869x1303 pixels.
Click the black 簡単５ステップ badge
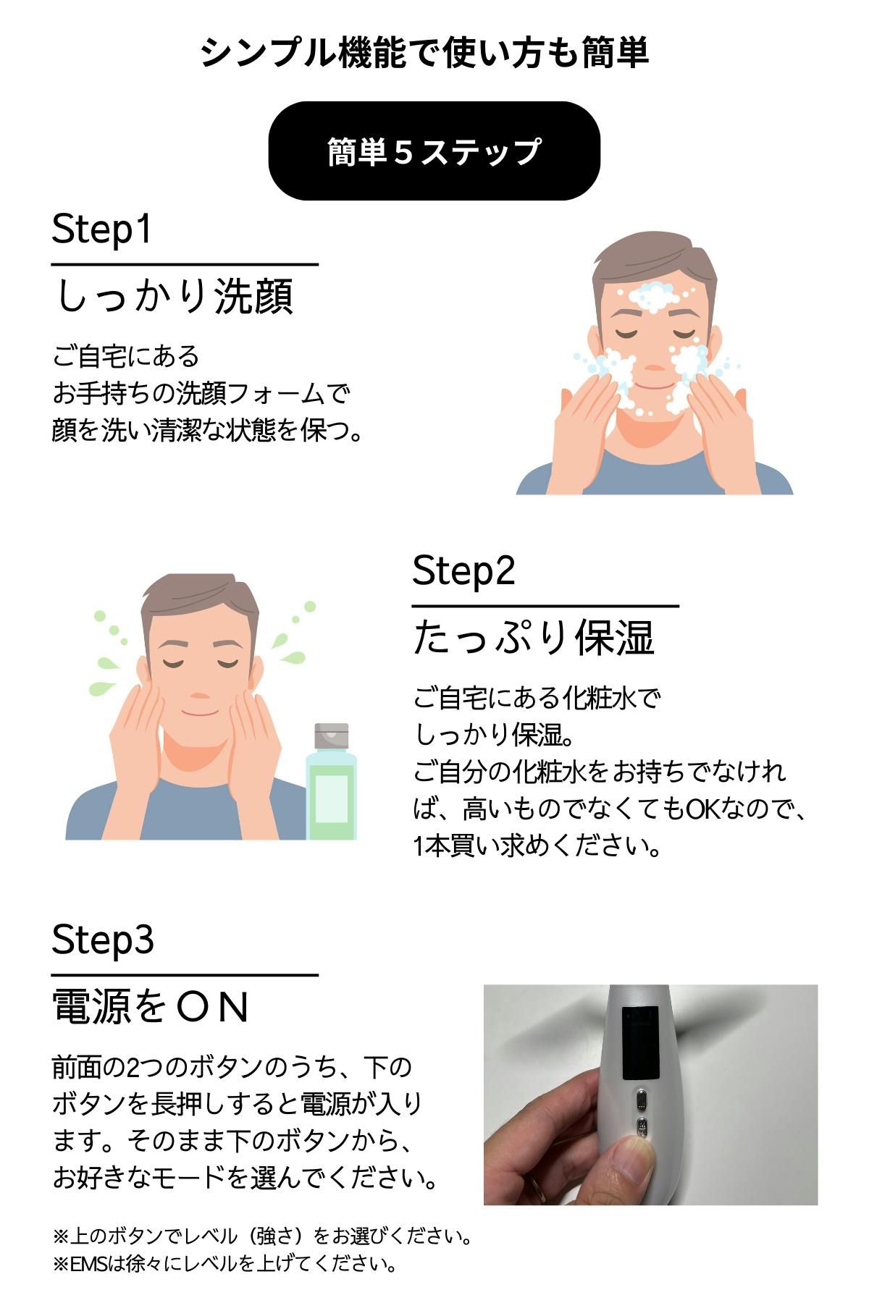[434, 151]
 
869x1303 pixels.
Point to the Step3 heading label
[103, 940]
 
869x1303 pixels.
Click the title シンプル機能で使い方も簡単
[425, 53]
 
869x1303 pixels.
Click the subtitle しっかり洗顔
[174, 296]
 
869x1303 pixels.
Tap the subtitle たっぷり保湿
[534, 638]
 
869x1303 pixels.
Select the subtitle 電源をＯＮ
[151, 1007]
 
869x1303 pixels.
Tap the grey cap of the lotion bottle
[332, 736]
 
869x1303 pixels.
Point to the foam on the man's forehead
[654, 296]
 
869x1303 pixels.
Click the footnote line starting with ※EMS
[225, 1264]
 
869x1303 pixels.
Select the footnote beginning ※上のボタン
[263, 1236]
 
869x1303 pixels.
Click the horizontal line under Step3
[185, 975]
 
